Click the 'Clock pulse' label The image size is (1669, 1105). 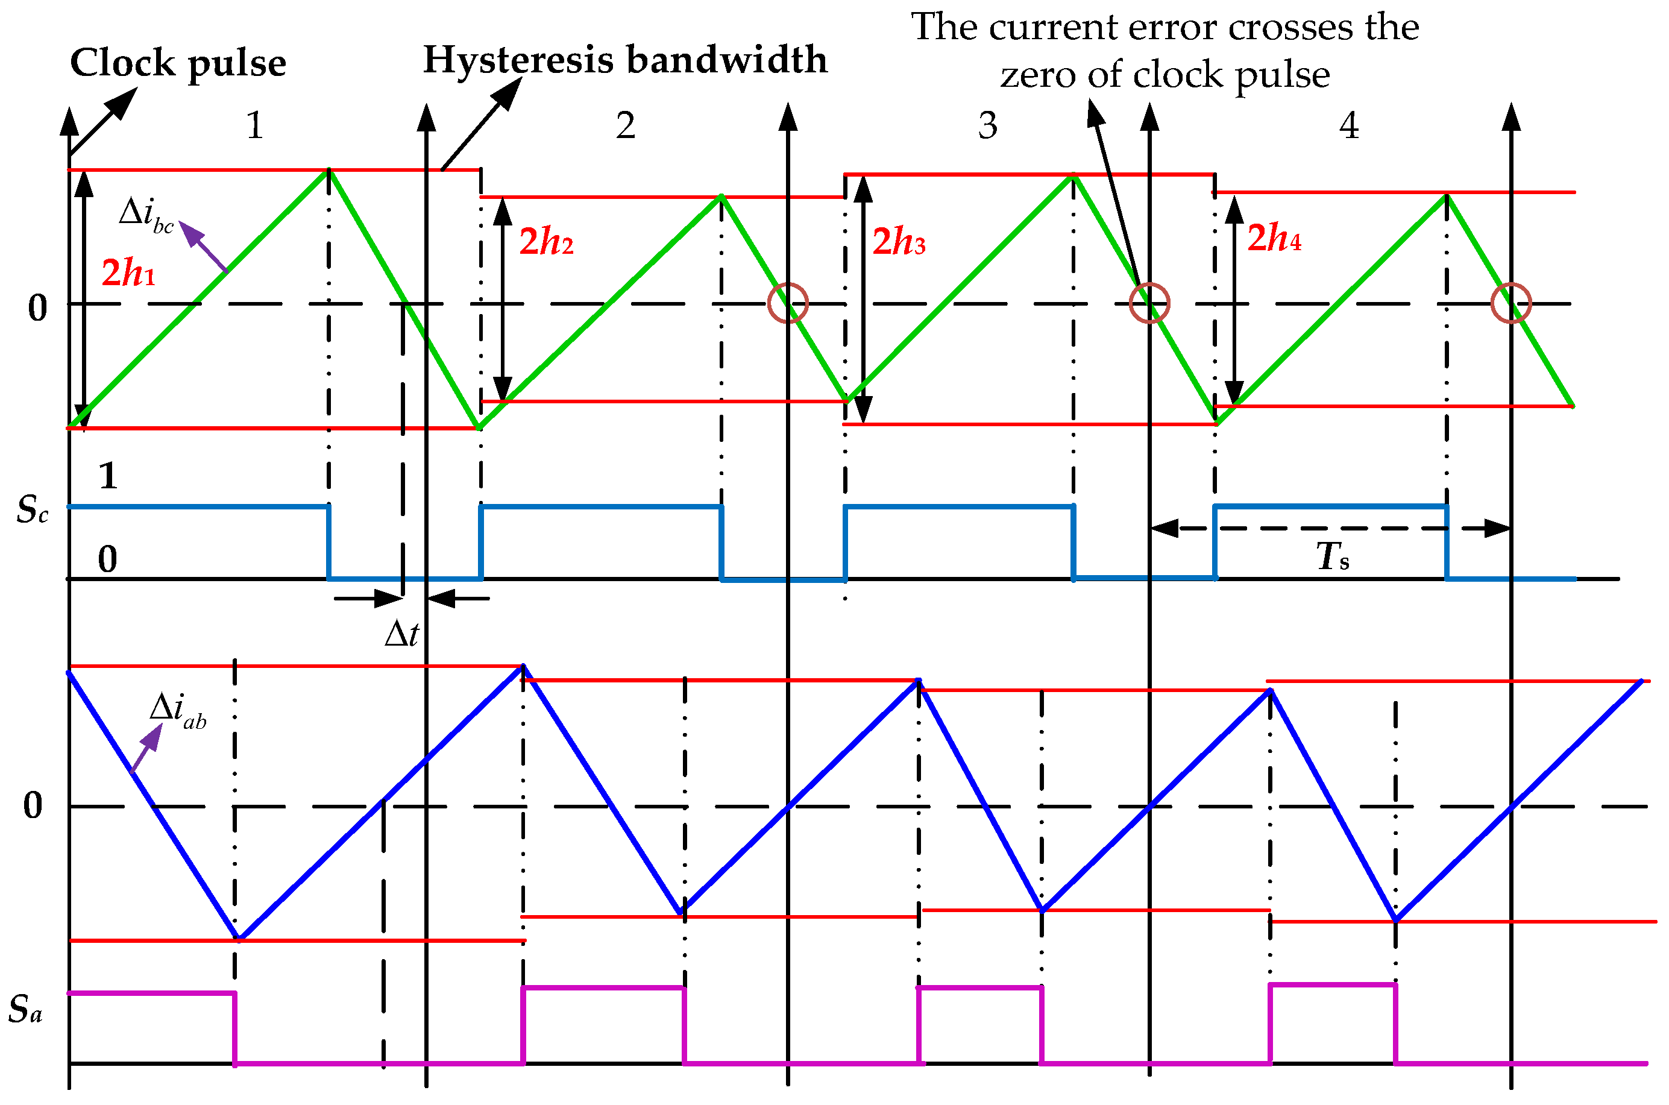tap(178, 63)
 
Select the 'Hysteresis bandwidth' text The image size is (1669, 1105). tap(625, 60)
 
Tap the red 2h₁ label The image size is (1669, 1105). tap(128, 272)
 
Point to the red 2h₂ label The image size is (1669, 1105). tap(546, 242)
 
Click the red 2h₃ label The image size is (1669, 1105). tap(899, 242)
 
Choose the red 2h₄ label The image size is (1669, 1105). tap(1274, 238)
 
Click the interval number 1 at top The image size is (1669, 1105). tap(255, 126)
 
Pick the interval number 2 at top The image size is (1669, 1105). tap(626, 126)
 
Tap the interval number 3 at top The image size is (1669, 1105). tap(988, 126)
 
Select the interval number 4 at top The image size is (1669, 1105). tap(1349, 126)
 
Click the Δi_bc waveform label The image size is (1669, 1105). tap(146, 213)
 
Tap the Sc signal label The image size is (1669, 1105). tap(33, 509)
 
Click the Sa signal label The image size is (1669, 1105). tap(25, 1009)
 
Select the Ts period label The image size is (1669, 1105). tap(1333, 557)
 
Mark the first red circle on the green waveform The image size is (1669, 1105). tap(788, 303)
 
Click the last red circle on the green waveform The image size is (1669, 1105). tap(1511, 303)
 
